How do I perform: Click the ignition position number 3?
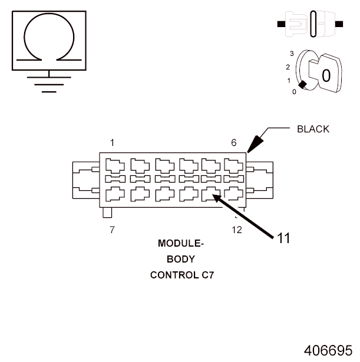pyautogui.click(x=292, y=54)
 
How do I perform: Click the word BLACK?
pyautogui.click(x=313, y=129)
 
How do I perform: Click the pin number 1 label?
pyautogui.click(x=112, y=142)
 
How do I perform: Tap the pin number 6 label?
pyautogui.click(x=234, y=142)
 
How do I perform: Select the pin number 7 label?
pyautogui.click(x=112, y=230)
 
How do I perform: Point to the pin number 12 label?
pyautogui.click(x=236, y=230)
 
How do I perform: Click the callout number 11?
pyautogui.click(x=283, y=238)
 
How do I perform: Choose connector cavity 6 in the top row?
pyautogui.click(x=234, y=165)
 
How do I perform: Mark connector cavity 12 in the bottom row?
pyautogui.click(x=234, y=193)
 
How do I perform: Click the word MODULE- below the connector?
pyautogui.click(x=180, y=243)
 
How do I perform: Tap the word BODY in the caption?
pyautogui.click(x=180, y=259)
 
